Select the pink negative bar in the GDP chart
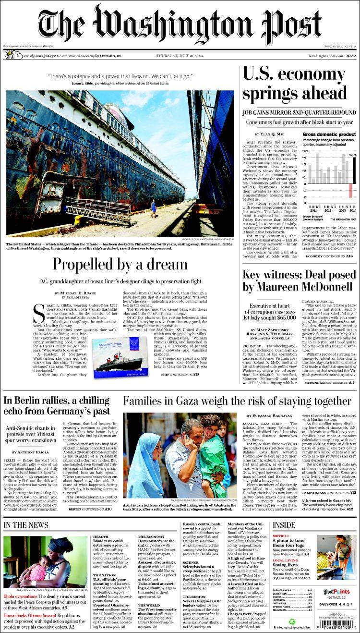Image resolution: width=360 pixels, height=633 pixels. click(x=350, y=190)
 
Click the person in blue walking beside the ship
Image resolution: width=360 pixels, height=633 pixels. click(x=153, y=207)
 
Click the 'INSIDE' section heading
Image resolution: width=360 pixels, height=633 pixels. click(x=284, y=525)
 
